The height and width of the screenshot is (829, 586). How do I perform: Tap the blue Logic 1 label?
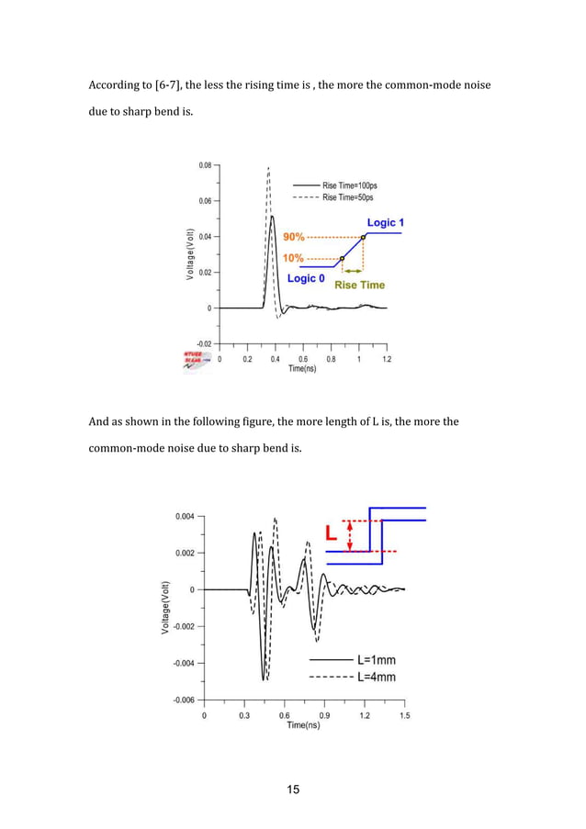point(386,222)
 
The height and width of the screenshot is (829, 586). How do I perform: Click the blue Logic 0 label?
point(306,277)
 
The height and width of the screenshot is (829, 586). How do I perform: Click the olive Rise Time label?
point(359,285)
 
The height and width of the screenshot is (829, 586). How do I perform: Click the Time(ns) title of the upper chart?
point(302,368)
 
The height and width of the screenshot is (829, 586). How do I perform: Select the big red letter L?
point(332,532)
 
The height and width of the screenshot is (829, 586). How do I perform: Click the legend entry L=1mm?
point(377,659)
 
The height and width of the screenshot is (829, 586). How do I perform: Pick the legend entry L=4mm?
point(377,678)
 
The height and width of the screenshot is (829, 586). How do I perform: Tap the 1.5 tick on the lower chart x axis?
point(404,714)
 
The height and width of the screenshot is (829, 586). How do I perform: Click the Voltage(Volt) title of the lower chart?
point(164,607)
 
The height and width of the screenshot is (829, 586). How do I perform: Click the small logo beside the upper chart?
point(196,361)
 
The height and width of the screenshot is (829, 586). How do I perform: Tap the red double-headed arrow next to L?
point(350,536)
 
